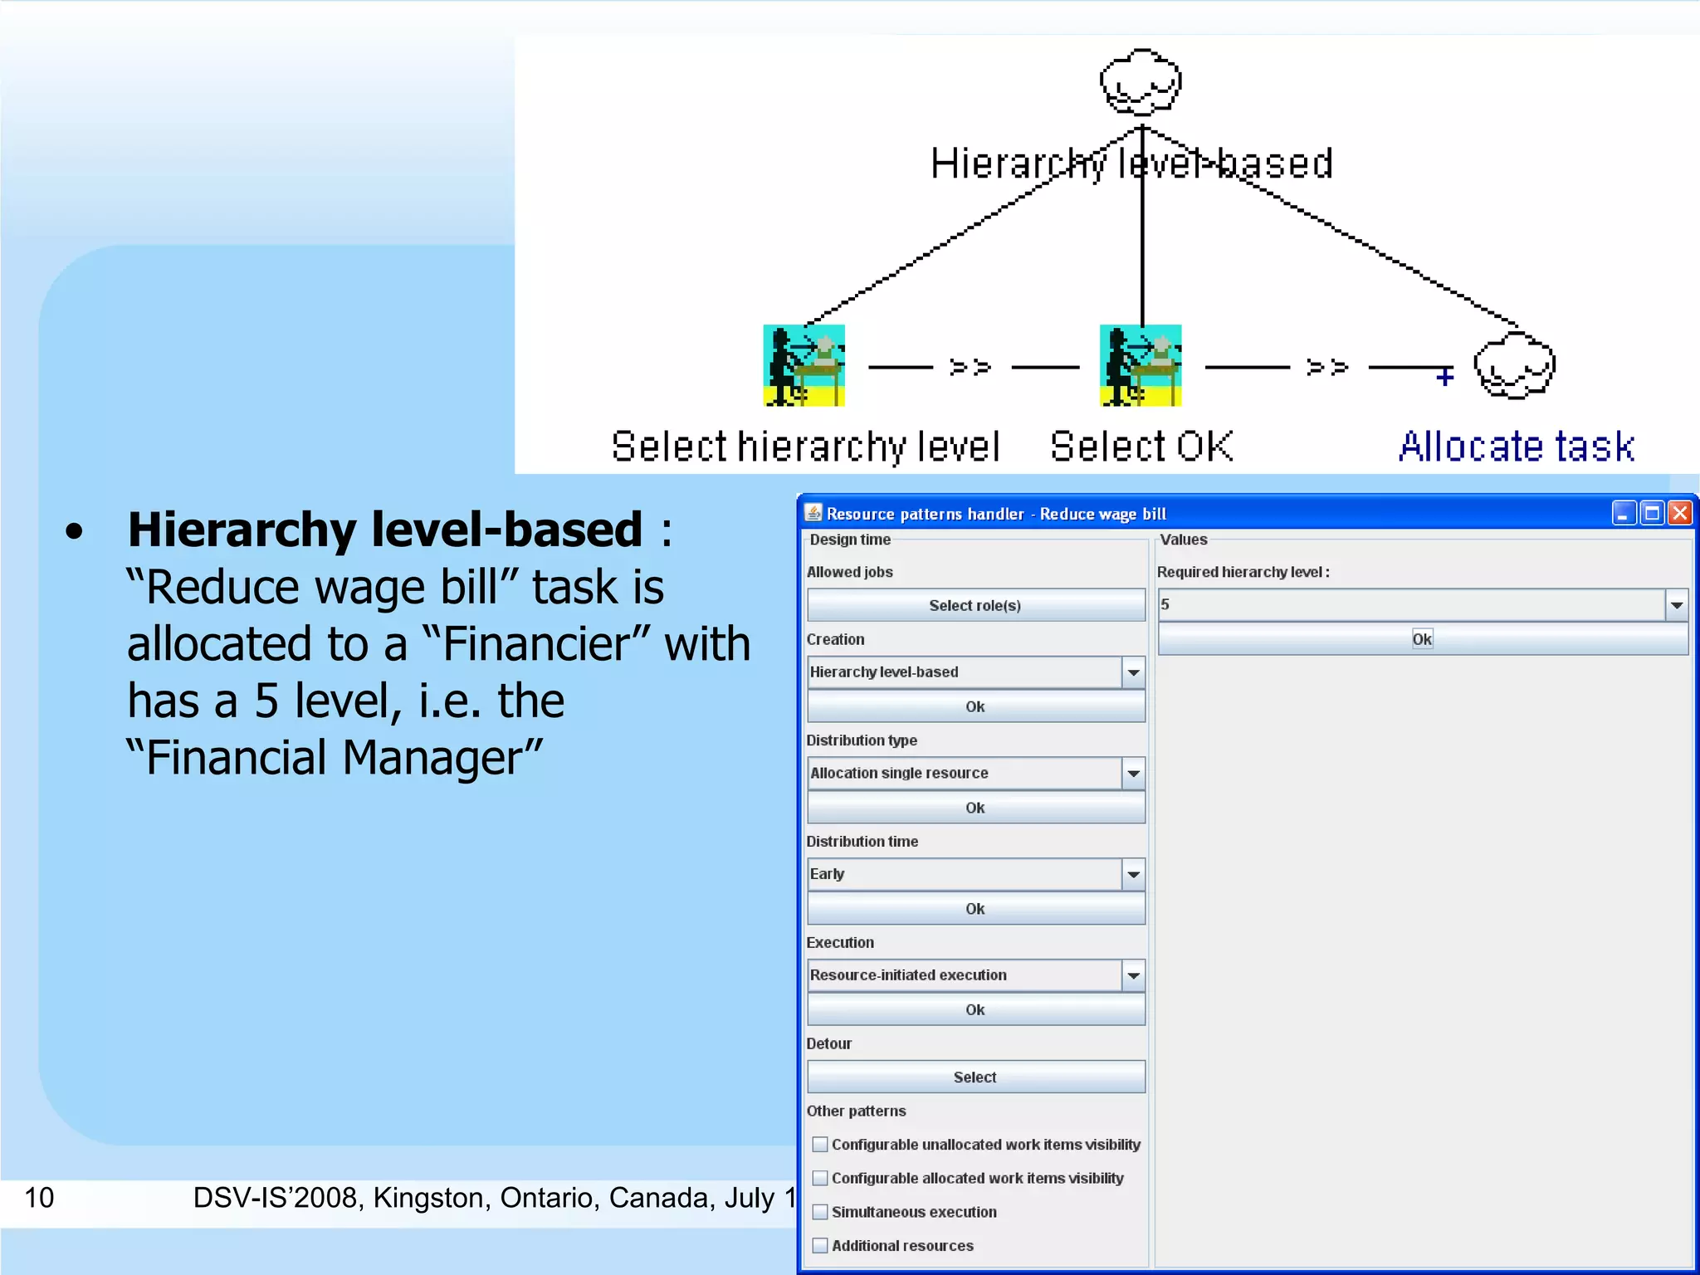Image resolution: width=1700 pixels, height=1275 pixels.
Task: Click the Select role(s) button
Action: point(975,605)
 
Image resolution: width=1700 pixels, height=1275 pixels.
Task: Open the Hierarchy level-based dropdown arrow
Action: point(1133,672)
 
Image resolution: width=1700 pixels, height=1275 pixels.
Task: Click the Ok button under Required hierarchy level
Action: point(1422,639)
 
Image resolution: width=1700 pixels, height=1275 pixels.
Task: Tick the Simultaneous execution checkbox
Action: point(820,1212)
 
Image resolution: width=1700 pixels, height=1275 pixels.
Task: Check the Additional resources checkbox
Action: point(820,1246)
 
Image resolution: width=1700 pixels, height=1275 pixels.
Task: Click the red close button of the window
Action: point(1680,514)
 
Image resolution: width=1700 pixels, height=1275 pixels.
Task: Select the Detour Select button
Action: point(975,1077)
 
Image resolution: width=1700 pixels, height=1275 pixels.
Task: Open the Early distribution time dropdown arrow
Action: point(1133,874)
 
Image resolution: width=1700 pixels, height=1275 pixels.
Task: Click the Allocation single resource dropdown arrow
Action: point(1133,774)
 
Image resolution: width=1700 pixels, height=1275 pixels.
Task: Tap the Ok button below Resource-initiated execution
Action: point(975,1009)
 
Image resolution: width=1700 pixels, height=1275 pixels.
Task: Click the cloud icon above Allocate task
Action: point(1514,366)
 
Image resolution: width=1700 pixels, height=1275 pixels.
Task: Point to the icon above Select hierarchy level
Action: point(804,365)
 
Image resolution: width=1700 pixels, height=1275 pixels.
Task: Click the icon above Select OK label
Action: point(1141,365)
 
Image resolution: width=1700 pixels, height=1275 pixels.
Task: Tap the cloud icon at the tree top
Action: point(1141,82)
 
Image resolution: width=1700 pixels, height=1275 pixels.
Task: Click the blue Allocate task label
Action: point(1517,447)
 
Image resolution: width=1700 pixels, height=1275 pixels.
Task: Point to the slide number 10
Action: point(39,1198)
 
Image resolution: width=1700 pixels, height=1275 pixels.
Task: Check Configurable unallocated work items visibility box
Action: point(820,1145)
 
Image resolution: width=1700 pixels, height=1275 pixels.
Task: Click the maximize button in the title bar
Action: point(1652,514)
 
